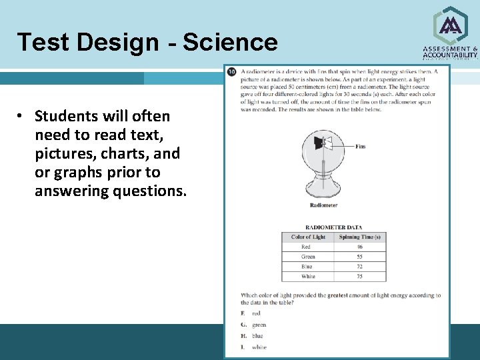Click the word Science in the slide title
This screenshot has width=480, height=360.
tap(229, 42)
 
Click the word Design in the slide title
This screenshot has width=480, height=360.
tap(117, 43)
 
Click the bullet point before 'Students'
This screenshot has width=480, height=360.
tap(21, 116)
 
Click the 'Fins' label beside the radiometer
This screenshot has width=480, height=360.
tap(360, 147)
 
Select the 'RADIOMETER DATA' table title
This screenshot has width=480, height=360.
tap(333, 227)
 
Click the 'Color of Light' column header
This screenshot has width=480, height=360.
tap(308, 237)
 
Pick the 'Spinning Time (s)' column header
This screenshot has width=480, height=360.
tap(360, 237)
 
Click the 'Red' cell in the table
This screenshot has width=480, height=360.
tap(305, 247)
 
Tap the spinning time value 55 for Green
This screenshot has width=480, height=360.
tap(360, 257)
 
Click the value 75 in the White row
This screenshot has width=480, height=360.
tap(360, 276)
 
